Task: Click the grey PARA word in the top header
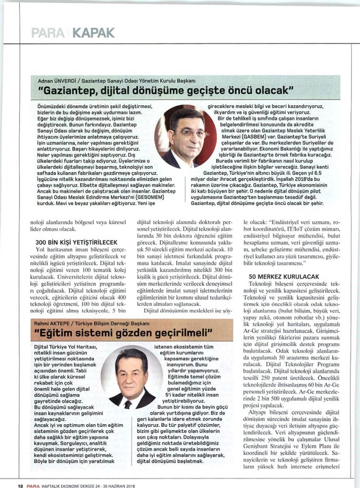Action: tap(48, 33)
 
